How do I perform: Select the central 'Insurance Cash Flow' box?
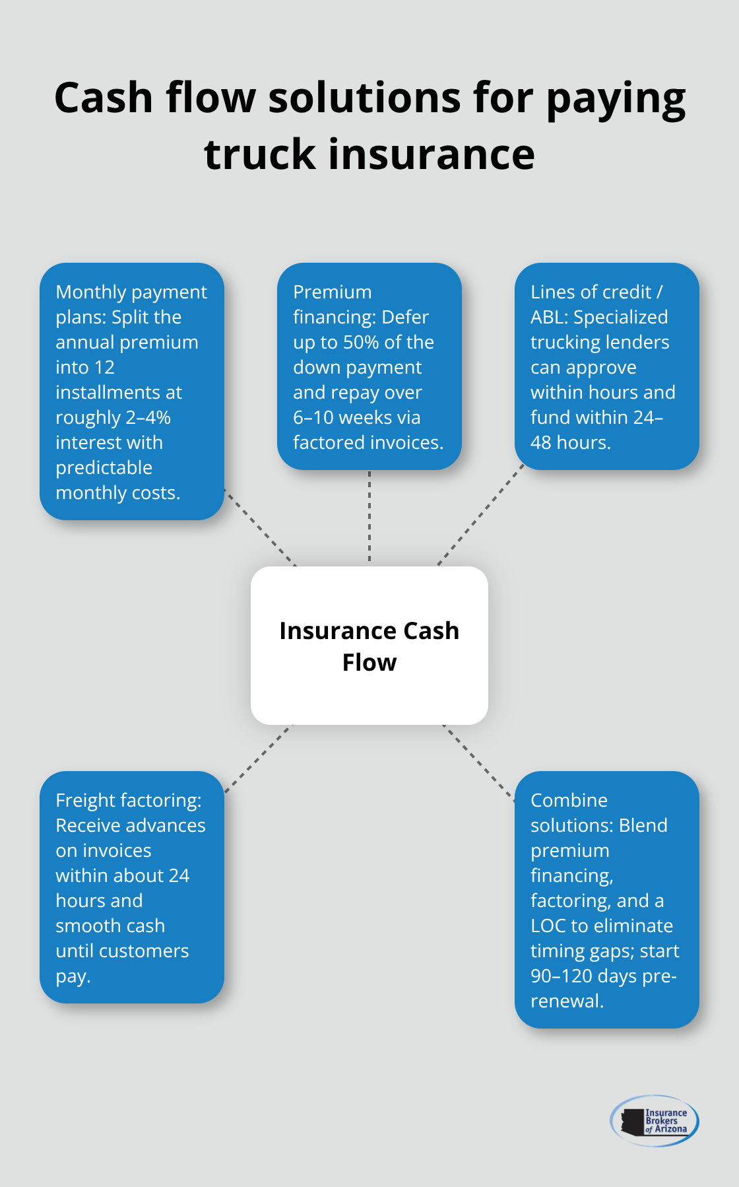pyautogui.click(x=369, y=646)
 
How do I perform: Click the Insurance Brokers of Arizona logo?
pyautogui.click(x=655, y=1120)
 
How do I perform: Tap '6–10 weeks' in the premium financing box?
pyautogui.click(x=357, y=418)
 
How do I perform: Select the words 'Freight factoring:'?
pyautogui.click(x=129, y=801)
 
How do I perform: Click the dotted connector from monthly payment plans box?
pyautogui.click(x=260, y=527)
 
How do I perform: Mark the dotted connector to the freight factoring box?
pyautogui.click(x=258, y=759)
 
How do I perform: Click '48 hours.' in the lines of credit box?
pyautogui.click(x=571, y=443)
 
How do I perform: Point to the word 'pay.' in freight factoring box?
pyautogui.click(x=73, y=976)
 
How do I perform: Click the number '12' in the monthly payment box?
pyautogui.click(x=104, y=368)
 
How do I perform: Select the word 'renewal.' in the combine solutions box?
pyautogui.click(x=567, y=1001)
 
